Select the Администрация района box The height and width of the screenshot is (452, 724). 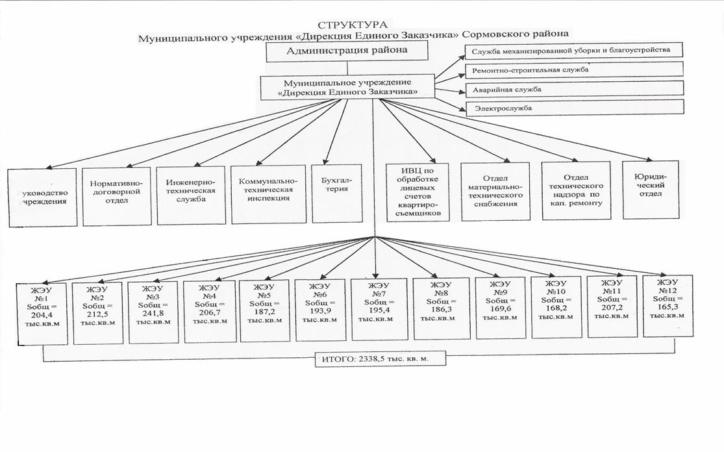[x=348, y=51]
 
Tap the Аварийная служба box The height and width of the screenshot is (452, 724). [x=574, y=89]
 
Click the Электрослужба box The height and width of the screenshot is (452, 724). [x=574, y=108]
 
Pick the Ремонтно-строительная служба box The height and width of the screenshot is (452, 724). [x=574, y=69]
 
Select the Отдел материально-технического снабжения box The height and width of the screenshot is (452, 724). [x=500, y=191]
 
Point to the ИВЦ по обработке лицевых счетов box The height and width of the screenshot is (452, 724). [x=416, y=192]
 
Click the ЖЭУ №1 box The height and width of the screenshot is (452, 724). [x=42, y=313]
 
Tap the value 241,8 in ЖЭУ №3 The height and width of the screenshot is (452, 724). [x=153, y=312]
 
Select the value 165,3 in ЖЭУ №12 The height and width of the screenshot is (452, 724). [x=668, y=307]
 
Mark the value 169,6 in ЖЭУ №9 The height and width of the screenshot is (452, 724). [x=500, y=308]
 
